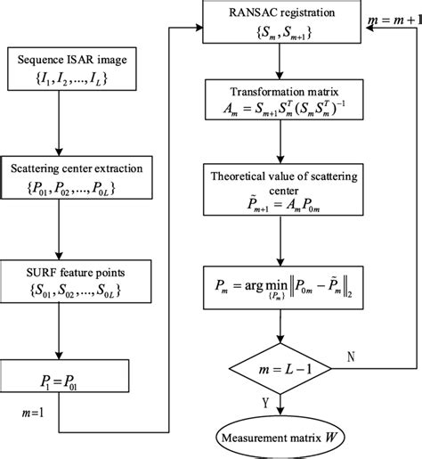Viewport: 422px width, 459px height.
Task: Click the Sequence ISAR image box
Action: [x=72, y=69]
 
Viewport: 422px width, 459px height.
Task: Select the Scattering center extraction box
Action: [x=77, y=177]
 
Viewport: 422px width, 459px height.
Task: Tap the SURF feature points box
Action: [x=76, y=282]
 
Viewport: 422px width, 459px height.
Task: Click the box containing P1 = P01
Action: [x=64, y=376]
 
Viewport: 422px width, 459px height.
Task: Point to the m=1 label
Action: [x=33, y=413]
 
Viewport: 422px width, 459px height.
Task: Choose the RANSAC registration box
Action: [x=281, y=22]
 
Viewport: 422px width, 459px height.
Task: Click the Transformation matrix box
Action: [x=284, y=100]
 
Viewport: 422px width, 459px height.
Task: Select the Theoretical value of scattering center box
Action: [x=283, y=189]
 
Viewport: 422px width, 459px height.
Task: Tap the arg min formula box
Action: [x=283, y=288]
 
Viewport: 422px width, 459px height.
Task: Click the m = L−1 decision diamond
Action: [x=280, y=369]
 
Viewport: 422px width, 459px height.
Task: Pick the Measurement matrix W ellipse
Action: [x=280, y=438]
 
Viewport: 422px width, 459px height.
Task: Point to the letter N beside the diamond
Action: [x=351, y=357]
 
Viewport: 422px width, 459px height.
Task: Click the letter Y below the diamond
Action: [x=265, y=403]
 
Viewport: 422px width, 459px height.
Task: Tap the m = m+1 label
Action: [x=394, y=20]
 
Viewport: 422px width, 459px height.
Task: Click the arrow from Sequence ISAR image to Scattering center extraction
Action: [x=59, y=123]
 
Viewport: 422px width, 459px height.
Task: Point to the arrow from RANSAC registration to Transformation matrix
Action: [x=280, y=61]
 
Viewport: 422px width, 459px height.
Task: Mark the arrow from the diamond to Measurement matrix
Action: [x=280, y=406]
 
